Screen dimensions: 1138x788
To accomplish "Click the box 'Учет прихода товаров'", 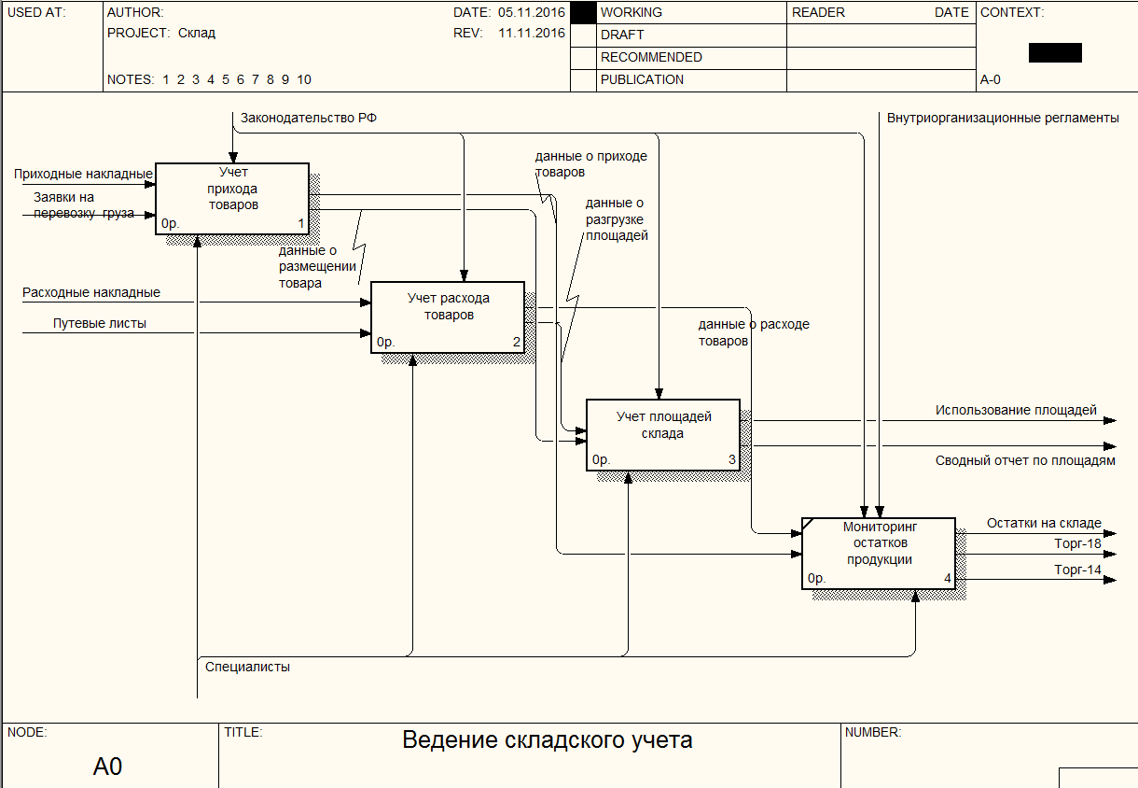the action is (232, 199).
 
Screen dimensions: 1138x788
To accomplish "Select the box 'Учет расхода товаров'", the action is (448, 317).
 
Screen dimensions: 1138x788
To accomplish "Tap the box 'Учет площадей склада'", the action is (663, 435).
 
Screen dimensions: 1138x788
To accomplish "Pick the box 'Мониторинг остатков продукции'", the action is (879, 554).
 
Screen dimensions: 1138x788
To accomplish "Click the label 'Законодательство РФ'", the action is (309, 118).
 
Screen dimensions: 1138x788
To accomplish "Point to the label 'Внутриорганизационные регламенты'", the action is (1003, 118).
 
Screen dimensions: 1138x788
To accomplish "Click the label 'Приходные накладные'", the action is (83, 174).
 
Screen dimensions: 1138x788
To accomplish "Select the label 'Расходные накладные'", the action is (91, 292).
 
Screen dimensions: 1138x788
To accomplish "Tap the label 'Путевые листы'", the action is (100, 323).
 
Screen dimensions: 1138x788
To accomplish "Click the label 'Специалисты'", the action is (247, 667).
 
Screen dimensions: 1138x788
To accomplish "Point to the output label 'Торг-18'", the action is (1077, 543).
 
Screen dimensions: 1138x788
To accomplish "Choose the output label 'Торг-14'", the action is (1077, 570).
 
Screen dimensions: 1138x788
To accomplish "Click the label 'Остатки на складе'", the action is (1044, 523).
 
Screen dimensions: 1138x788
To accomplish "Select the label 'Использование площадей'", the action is (1016, 410).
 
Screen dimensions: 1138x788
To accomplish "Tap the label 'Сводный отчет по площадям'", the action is (1025, 460).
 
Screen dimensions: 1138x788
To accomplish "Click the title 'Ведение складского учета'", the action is (548, 740).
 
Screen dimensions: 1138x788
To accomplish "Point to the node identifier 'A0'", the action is (107, 767).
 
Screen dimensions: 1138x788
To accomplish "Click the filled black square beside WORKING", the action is (583, 13).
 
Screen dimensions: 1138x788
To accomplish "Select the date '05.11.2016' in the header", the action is (532, 12).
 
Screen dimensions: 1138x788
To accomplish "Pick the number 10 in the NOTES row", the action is (304, 79).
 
